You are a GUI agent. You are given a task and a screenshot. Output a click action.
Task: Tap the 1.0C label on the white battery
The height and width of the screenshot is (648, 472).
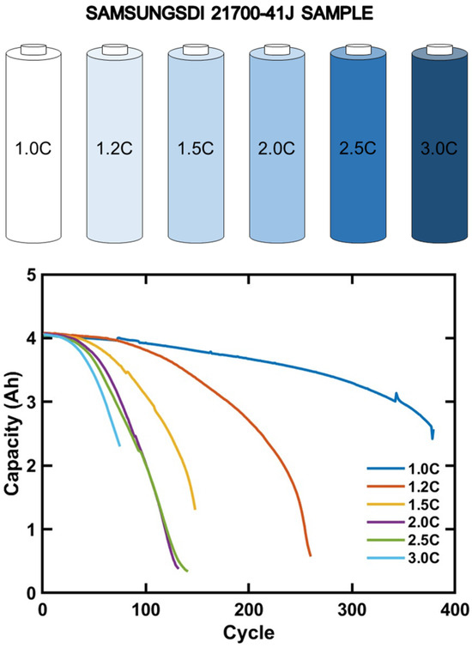pyautogui.click(x=34, y=148)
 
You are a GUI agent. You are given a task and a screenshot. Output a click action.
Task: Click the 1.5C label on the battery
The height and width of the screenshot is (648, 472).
pyautogui.click(x=197, y=148)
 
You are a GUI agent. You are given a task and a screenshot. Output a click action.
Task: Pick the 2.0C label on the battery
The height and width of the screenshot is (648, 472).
pyautogui.click(x=277, y=148)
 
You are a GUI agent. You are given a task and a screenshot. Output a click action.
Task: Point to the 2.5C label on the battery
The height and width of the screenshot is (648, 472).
pyautogui.click(x=358, y=148)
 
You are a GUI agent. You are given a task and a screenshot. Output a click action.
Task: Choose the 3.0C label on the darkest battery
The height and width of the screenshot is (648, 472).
pyautogui.click(x=439, y=148)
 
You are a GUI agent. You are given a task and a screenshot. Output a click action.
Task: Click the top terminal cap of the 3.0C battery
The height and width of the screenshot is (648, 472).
pyautogui.click(x=439, y=51)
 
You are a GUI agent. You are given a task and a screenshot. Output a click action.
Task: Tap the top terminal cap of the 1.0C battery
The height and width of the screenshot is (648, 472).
pyautogui.click(x=34, y=51)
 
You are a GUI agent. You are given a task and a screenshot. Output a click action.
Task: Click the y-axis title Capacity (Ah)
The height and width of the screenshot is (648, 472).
pyautogui.click(x=11, y=434)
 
